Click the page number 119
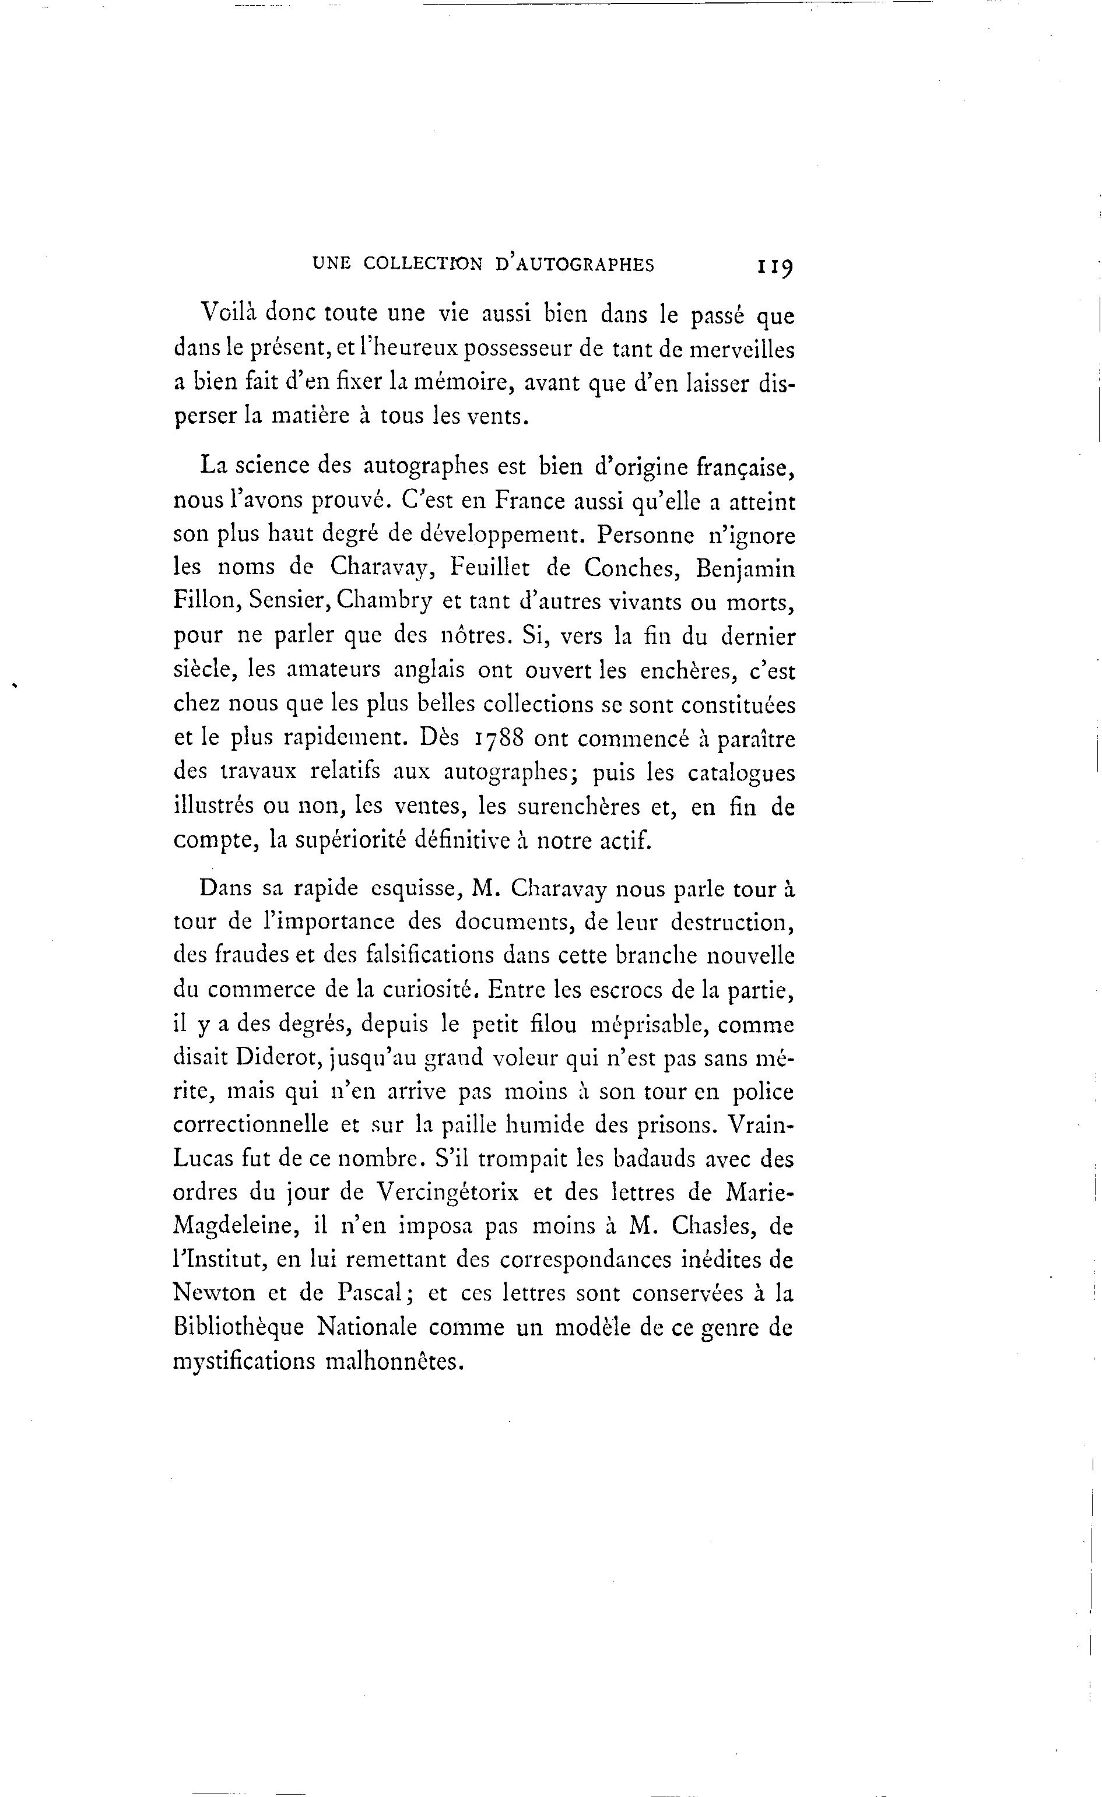pos(775,266)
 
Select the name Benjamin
pos(745,569)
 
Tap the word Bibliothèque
pos(238,1327)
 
